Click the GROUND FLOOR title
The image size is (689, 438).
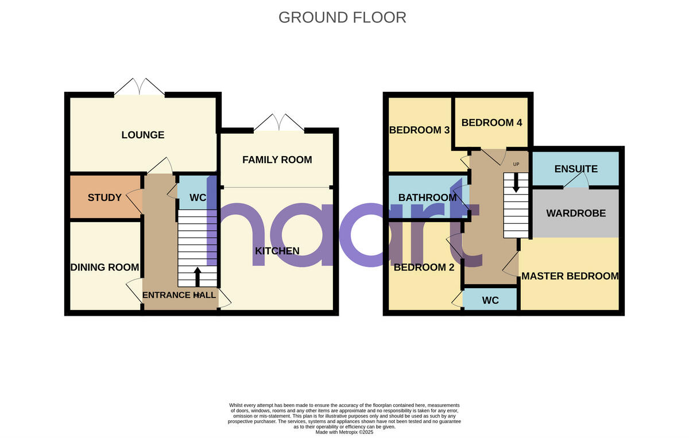coord(342,17)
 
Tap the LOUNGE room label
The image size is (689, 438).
coord(143,135)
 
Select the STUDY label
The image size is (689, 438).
coord(104,197)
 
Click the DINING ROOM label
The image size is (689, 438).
coord(104,267)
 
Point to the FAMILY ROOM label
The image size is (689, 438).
coord(277,160)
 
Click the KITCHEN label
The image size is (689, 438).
coord(277,251)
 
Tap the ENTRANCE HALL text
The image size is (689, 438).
coord(179,295)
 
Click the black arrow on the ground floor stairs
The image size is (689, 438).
coord(198,276)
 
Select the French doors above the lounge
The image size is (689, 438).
coord(139,87)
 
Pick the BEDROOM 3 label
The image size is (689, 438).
coord(419,130)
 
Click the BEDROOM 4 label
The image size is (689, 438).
coord(491,122)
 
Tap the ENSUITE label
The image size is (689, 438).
coord(576,169)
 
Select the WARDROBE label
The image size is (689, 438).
coord(576,213)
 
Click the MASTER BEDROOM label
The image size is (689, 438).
coord(570,276)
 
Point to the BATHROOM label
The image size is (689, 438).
coord(428,197)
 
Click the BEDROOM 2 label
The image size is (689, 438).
coord(419,267)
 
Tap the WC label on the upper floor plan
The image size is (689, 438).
coord(490,300)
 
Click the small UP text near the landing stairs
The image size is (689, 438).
coord(516,164)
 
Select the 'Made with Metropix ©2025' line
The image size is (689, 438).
coord(344,432)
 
